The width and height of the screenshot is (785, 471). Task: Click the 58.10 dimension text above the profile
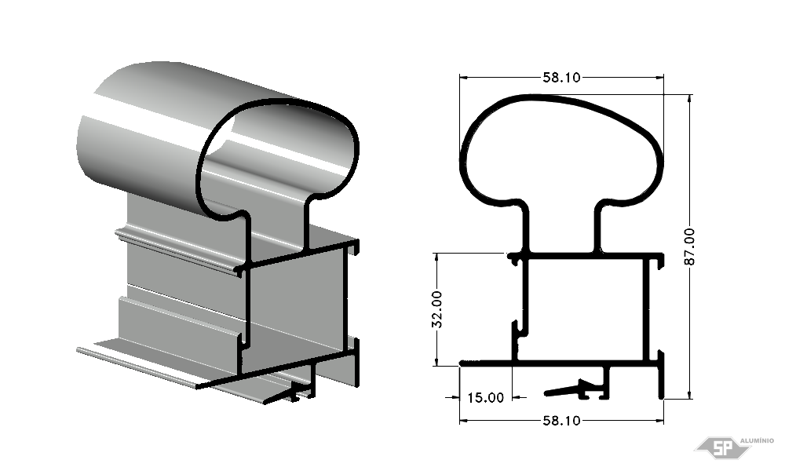(x=562, y=78)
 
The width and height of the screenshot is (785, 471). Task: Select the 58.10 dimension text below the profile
(x=562, y=421)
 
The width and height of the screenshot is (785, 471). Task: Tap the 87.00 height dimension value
(x=689, y=246)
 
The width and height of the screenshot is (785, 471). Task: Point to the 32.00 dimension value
(x=437, y=309)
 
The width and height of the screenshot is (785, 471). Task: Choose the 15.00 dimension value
(x=486, y=398)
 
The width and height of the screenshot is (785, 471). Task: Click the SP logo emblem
(x=723, y=447)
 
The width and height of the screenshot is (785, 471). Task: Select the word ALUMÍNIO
(x=757, y=440)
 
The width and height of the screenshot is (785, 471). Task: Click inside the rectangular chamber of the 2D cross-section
(x=584, y=309)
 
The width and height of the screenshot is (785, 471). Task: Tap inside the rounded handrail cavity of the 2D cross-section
(x=560, y=150)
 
